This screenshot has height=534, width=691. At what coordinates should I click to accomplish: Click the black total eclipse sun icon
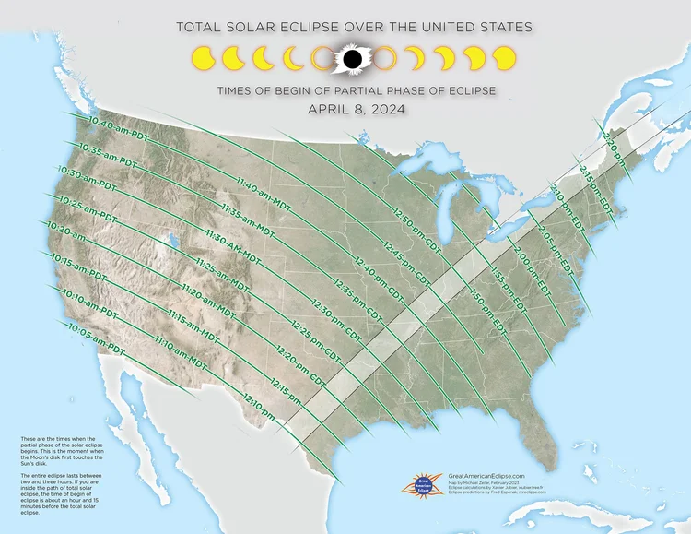tap(351, 59)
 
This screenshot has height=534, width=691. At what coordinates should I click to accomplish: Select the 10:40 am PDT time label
tap(121, 128)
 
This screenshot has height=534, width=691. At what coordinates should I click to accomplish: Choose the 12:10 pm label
tap(261, 406)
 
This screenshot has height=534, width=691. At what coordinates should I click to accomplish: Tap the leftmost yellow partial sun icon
tap(203, 60)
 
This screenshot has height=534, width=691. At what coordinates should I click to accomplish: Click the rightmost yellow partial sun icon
tap(504, 60)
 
